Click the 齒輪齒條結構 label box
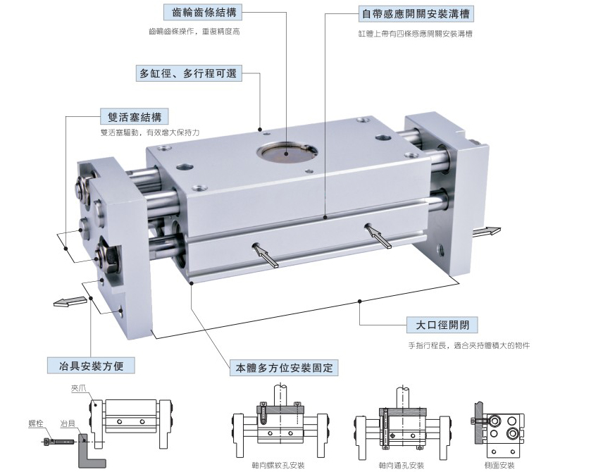coord(203,13)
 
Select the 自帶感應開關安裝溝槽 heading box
coord(416,14)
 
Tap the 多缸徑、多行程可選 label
coord(189,73)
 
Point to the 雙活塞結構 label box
coord(135,116)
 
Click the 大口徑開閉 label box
coord(442,325)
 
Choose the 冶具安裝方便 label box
coord(91,366)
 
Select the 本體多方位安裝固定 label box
coord(284,368)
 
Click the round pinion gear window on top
coord(287,154)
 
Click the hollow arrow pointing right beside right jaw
coord(487,231)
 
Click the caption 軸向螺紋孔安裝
coord(278,465)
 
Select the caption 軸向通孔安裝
coord(402,465)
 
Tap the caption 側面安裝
coord(499,465)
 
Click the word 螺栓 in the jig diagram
coord(36,423)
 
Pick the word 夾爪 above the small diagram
coord(78,388)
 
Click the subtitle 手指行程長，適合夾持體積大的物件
coord(469,345)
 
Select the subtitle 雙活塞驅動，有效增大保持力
coord(149,132)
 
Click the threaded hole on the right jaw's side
coord(442,249)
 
